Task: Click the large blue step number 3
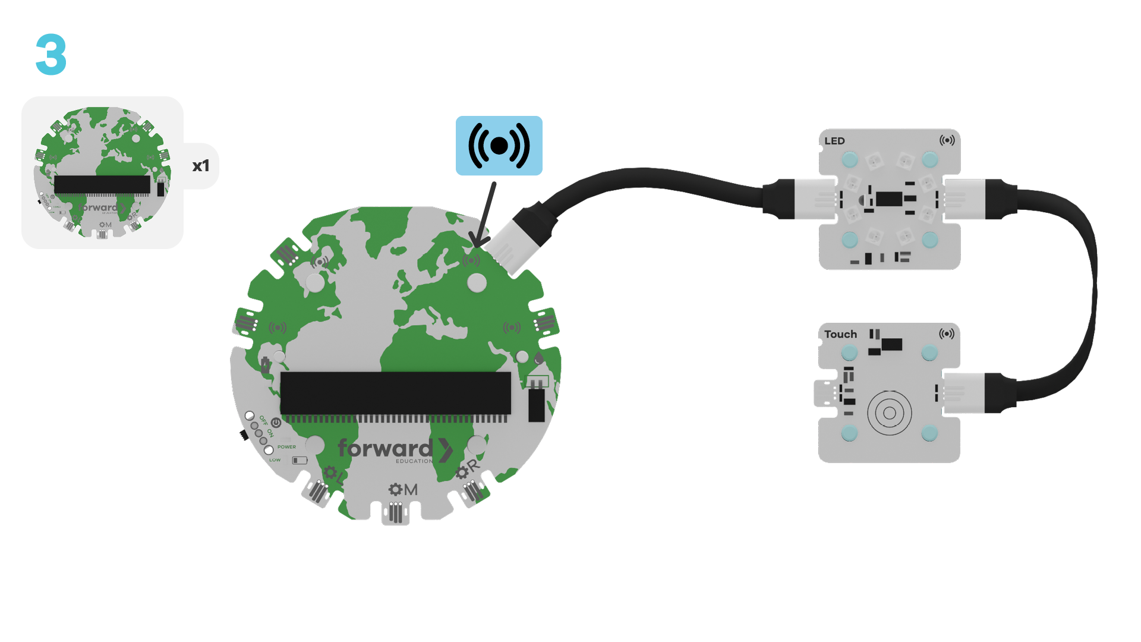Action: pyautogui.click(x=51, y=54)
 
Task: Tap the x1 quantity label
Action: pyautogui.click(x=201, y=166)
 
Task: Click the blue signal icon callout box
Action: pyautogui.click(x=499, y=146)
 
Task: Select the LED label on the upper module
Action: pyautogui.click(x=834, y=141)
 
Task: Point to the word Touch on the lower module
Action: pyautogui.click(x=840, y=334)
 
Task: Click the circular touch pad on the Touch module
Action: pyautogui.click(x=889, y=413)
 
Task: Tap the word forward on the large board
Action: pyautogui.click(x=385, y=449)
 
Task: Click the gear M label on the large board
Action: pyautogui.click(x=403, y=489)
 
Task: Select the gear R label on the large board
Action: pyautogui.click(x=467, y=470)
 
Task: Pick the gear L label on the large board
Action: pyautogui.click(x=333, y=474)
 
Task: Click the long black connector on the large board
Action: pyautogui.click(x=395, y=393)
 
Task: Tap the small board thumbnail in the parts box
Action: pyautogui.click(x=102, y=172)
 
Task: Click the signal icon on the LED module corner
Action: pyautogui.click(x=947, y=140)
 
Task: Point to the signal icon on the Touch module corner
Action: pyautogui.click(x=947, y=333)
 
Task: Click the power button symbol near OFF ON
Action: pyautogui.click(x=276, y=423)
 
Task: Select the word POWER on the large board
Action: pyautogui.click(x=286, y=447)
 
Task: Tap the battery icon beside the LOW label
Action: pyautogui.click(x=300, y=460)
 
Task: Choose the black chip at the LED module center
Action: pyautogui.click(x=888, y=199)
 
